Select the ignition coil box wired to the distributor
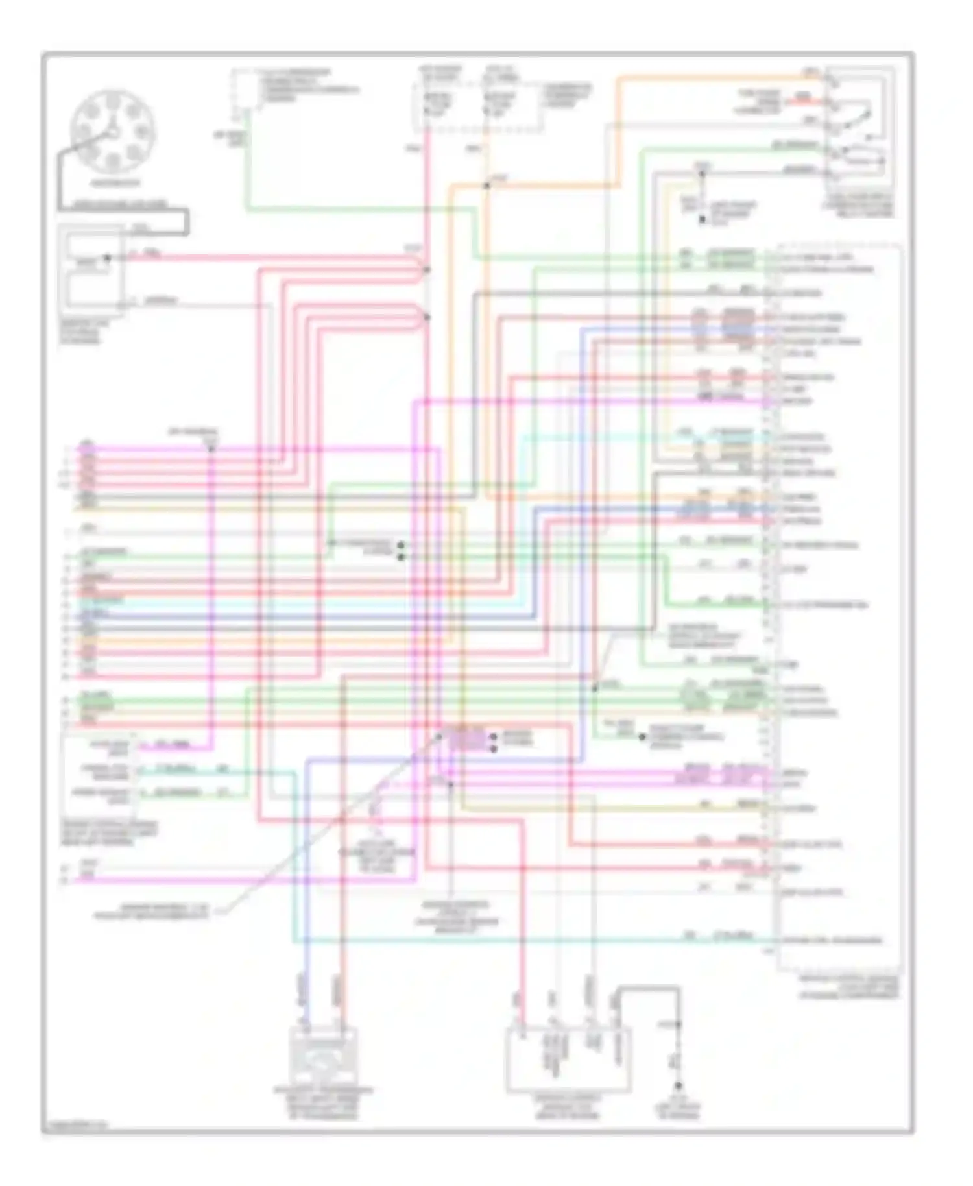pyautogui.click(x=91, y=267)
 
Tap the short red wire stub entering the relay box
pyautogui.click(x=804, y=101)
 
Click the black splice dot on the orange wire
pyautogui.click(x=486, y=186)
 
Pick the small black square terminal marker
pyautogui.click(x=702, y=220)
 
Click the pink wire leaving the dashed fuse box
pyautogui.click(x=427, y=195)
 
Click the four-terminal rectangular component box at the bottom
pyautogui.click(x=568, y=1059)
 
